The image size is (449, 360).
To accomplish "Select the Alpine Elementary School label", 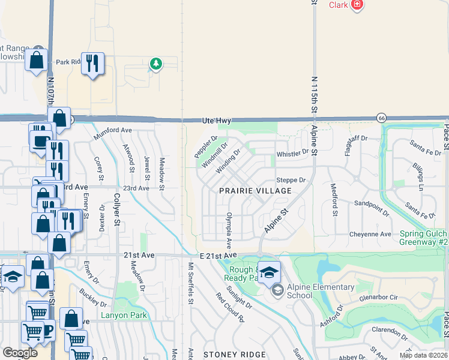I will point(321,291).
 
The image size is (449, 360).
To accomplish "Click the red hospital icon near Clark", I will point(357,5).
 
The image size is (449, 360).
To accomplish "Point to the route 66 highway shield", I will point(381,118).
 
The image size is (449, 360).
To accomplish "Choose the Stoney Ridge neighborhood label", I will point(234,355).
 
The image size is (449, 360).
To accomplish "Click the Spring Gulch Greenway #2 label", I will point(414,238).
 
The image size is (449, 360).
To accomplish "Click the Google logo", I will point(20,353).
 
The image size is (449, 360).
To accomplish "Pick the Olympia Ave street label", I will point(229,230).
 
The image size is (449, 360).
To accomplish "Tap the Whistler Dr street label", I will point(292,154).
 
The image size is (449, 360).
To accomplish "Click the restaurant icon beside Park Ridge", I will point(92,63).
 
